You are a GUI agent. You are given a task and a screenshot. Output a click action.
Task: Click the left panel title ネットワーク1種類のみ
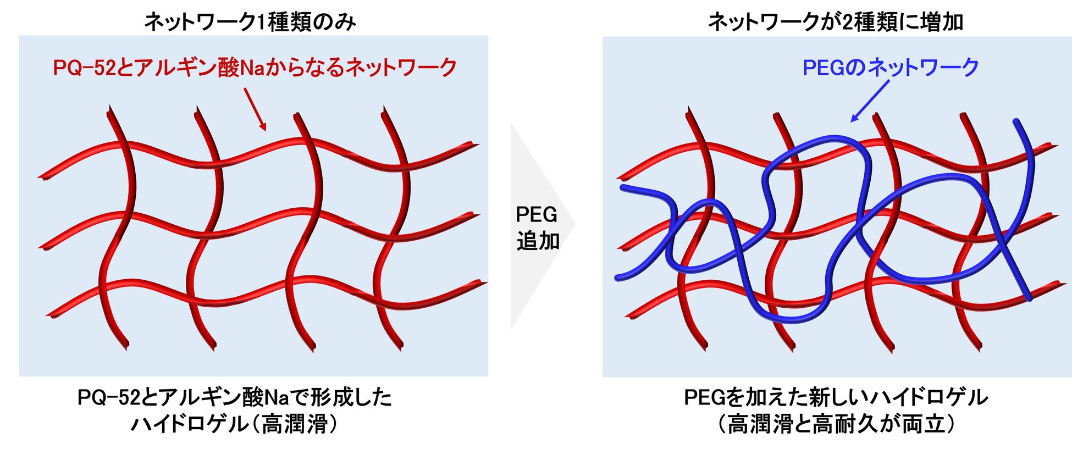[250, 22]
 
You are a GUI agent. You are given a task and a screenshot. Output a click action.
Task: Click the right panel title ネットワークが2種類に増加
[835, 22]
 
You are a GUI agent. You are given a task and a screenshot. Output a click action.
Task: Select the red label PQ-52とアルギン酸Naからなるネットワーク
[255, 68]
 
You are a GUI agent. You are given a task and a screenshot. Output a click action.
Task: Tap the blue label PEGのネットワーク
[891, 68]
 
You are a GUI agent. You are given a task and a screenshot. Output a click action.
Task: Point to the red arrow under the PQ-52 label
[255, 110]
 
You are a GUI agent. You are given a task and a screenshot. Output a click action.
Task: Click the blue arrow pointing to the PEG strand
[869, 102]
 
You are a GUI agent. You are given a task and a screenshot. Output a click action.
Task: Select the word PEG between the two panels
[537, 214]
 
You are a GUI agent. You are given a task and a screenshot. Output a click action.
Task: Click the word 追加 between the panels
[538, 241]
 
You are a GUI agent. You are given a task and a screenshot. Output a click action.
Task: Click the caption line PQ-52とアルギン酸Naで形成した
[235, 397]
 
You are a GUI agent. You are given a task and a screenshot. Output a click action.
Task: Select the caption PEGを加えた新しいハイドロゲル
[836, 397]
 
